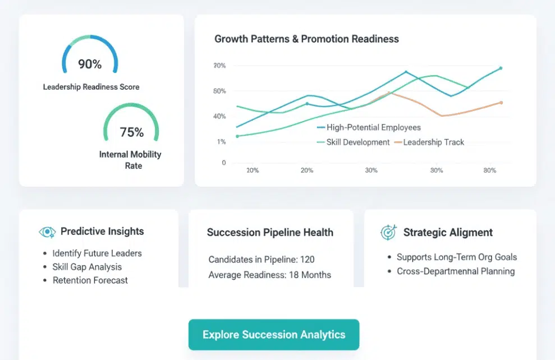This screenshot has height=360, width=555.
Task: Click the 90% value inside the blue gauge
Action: (x=90, y=64)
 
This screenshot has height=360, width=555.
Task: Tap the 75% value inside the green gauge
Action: (x=132, y=132)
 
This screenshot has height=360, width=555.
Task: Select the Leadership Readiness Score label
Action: (x=91, y=87)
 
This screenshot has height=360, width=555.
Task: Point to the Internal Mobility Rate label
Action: (x=130, y=160)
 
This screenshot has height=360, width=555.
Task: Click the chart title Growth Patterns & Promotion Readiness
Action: (x=306, y=39)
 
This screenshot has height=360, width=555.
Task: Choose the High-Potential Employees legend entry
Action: (x=373, y=127)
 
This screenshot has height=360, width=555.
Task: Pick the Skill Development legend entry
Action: (x=357, y=142)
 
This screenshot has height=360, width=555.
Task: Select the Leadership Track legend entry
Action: (x=433, y=142)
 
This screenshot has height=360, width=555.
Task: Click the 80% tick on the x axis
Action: (x=489, y=170)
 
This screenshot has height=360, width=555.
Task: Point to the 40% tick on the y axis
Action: (x=219, y=117)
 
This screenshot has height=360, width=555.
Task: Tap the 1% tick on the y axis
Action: (x=221, y=142)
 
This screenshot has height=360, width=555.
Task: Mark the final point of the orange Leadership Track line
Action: (x=501, y=103)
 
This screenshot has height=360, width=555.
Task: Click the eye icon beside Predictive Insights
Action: (x=48, y=232)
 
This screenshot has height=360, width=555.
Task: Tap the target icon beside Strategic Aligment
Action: (x=388, y=232)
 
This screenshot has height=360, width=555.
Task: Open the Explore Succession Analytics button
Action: (x=273, y=335)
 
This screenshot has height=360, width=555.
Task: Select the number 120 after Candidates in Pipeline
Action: (x=307, y=260)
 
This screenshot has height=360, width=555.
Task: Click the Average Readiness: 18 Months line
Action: (x=269, y=275)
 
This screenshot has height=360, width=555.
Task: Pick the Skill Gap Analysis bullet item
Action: (x=87, y=267)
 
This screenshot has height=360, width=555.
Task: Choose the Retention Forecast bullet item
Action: (x=90, y=280)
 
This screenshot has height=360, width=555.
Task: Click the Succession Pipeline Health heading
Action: (x=270, y=233)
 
